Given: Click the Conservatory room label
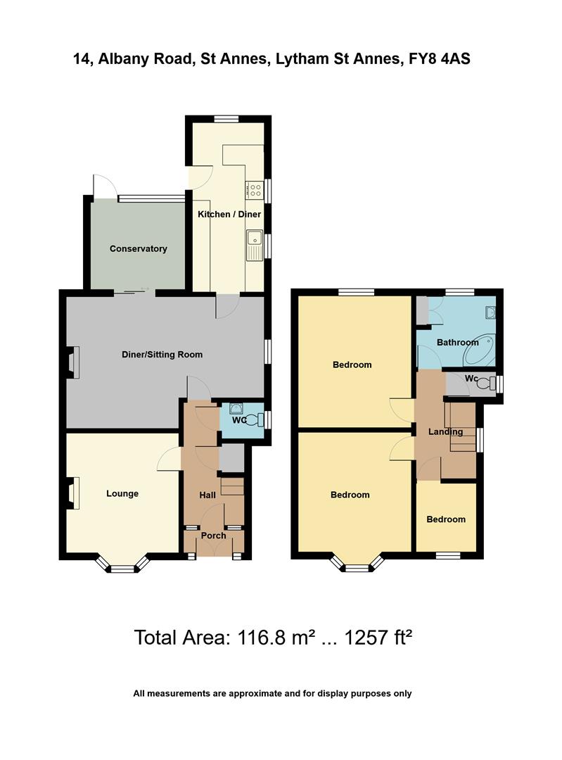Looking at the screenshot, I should [138, 248].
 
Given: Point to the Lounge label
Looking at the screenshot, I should [122, 493].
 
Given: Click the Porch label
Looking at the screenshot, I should [214, 536].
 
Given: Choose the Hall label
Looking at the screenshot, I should [207, 495].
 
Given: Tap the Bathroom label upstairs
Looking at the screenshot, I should [457, 343].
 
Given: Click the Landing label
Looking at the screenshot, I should [446, 431].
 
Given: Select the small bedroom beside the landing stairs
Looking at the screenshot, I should [446, 519].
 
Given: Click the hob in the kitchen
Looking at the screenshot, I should [253, 189].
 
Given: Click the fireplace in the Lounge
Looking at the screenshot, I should [72, 493].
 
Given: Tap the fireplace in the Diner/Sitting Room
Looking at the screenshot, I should [72, 364].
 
